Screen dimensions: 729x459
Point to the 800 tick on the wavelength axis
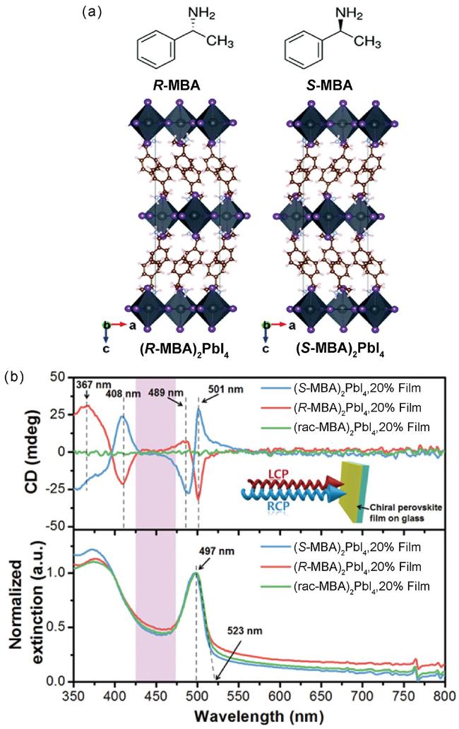click(443, 697)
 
